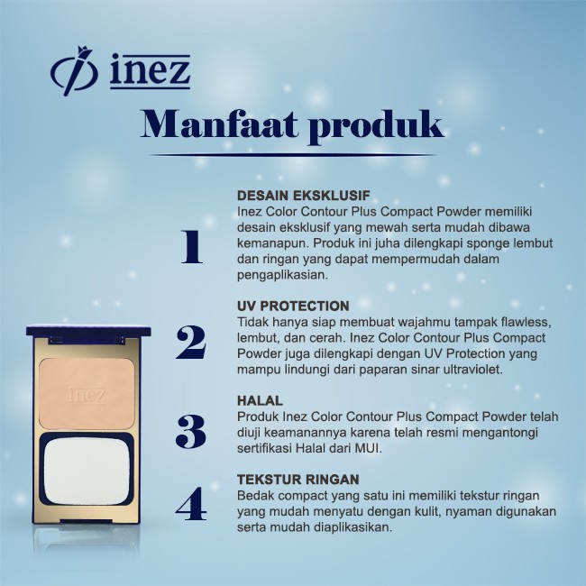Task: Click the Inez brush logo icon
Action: (74, 71)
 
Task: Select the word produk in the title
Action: (377, 127)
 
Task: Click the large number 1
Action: (192, 247)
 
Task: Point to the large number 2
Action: (190, 343)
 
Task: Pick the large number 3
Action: (190, 431)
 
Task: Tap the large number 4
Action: (190, 504)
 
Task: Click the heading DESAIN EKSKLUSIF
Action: (304, 195)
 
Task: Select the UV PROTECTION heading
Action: (293, 306)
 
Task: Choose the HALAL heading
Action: (260, 400)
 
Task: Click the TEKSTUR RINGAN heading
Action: (298, 479)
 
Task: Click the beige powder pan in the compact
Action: (87, 394)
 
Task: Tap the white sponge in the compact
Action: (87, 472)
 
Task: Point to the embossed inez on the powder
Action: (87, 395)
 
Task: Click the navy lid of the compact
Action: (88, 331)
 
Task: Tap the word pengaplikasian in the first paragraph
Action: (282, 276)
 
